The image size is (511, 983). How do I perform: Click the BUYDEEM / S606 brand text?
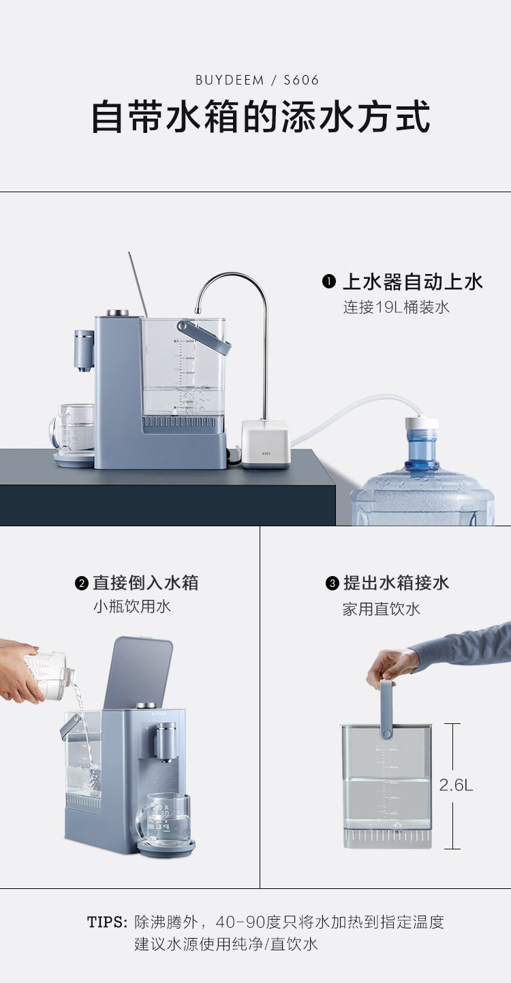(257, 80)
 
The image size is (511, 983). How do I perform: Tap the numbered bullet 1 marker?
(328, 282)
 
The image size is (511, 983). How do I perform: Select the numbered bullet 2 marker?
(82, 584)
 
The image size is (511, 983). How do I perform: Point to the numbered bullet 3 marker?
(332, 584)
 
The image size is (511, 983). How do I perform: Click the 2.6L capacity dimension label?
(456, 785)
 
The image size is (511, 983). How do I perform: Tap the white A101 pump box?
(266, 444)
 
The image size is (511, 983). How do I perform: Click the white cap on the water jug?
(422, 423)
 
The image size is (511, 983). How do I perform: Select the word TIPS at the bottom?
(107, 922)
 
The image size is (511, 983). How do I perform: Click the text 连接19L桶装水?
(396, 307)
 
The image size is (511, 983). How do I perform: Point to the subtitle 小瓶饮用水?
(131, 607)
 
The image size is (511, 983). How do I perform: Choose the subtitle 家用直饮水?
(381, 609)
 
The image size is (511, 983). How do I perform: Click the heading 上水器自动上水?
(412, 282)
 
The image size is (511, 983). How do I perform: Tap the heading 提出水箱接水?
(396, 584)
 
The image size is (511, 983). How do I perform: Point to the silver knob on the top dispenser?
(118, 313)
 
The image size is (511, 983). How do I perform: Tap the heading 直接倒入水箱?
(146, 584)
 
